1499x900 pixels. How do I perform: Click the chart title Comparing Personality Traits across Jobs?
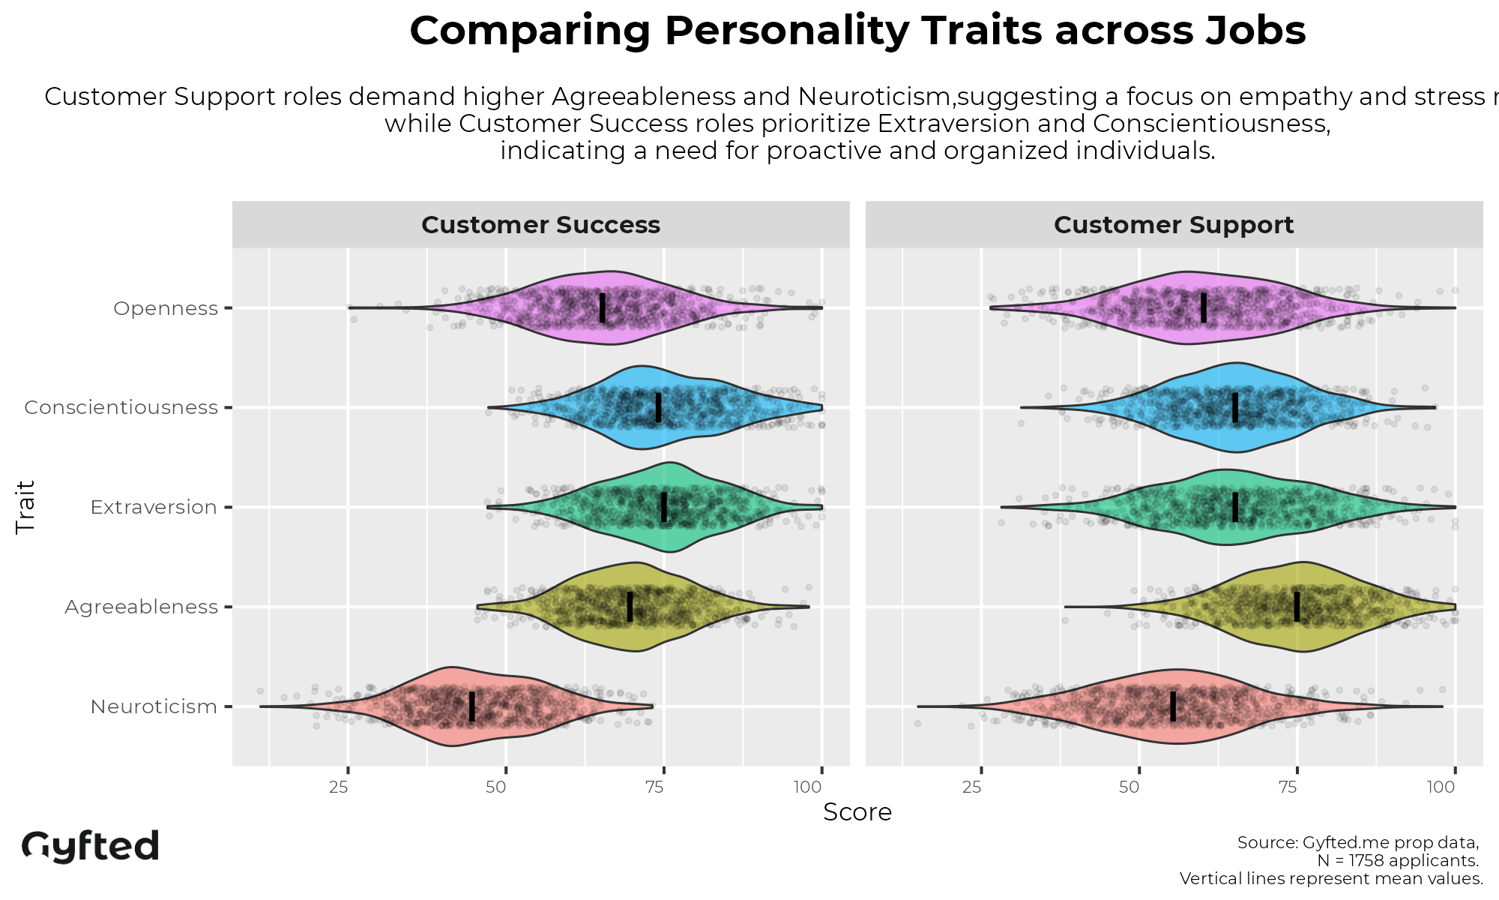857,31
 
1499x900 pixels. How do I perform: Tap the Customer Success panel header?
540,225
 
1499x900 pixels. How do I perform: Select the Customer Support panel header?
1174,225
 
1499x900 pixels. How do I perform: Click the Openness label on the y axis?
166,308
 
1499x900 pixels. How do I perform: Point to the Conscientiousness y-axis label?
121,407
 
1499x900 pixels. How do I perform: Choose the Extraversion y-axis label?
154,507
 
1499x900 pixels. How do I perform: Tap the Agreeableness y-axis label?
141,607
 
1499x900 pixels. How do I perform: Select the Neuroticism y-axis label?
154,706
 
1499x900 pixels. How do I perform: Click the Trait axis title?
25,507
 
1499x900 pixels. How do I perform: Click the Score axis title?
857,812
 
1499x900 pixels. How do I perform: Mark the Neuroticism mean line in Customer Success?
471,706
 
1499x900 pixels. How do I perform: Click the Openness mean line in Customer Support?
1204,307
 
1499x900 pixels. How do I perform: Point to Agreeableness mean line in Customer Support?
1297,607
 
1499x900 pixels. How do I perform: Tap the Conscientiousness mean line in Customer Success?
658,407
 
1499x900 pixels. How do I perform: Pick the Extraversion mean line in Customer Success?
663,507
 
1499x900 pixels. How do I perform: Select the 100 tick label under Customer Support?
1441,787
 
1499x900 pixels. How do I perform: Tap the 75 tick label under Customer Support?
1288,787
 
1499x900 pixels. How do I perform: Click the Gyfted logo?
90,846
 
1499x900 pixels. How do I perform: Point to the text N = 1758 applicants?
1397,860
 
